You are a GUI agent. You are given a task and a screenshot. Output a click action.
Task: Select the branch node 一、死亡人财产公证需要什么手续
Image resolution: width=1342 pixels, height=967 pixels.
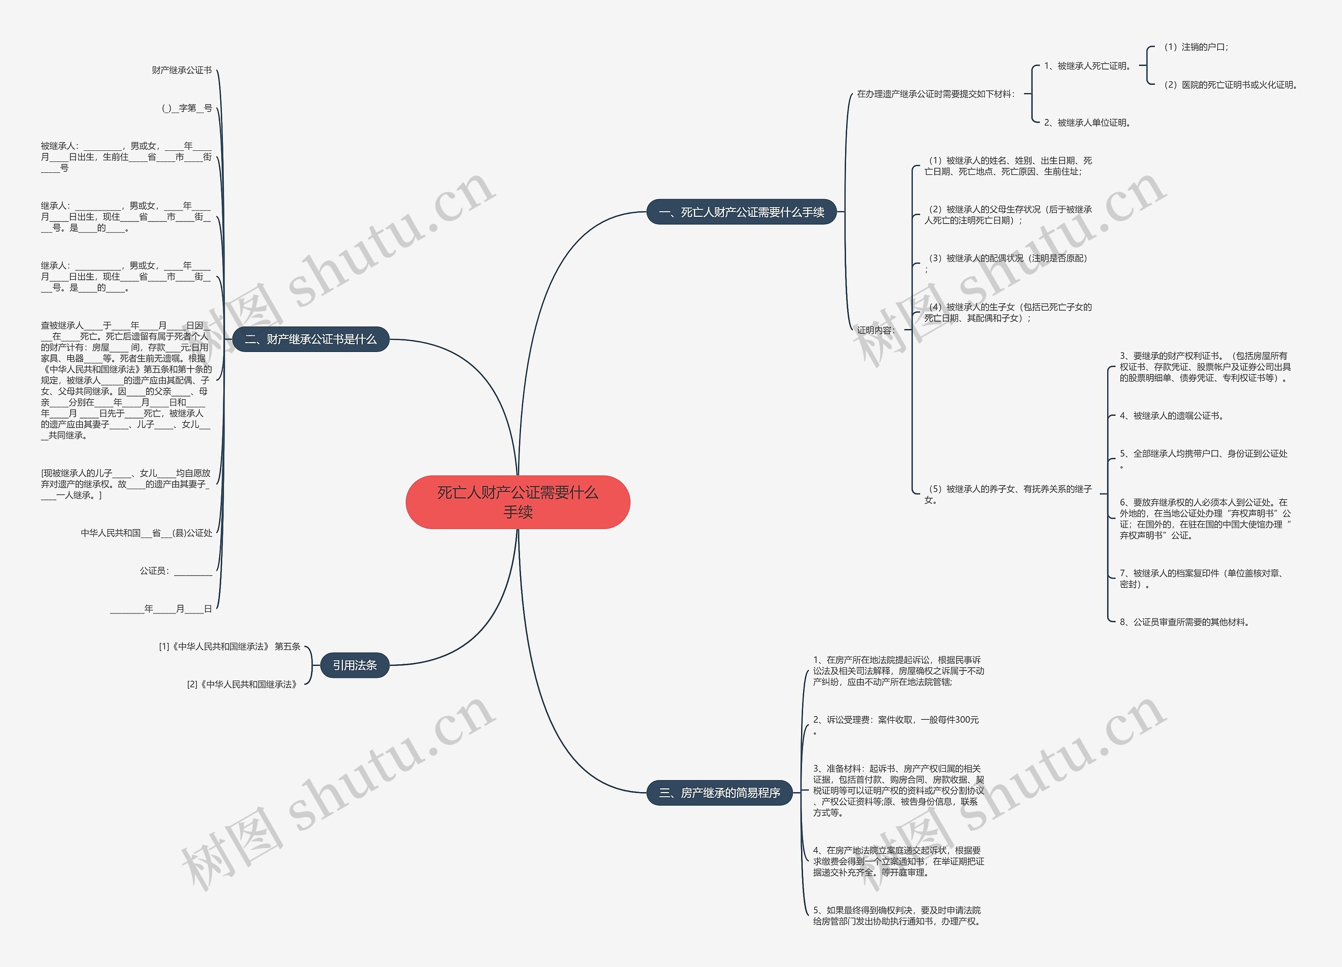(x=741, y=212)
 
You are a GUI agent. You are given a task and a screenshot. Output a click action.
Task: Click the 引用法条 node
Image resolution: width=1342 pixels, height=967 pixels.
(x=354, y=665)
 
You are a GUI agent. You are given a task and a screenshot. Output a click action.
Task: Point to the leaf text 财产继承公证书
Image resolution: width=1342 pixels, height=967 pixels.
(x=182, y=70)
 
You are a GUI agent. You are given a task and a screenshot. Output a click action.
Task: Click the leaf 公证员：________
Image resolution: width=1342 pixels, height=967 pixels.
(x=176, y=571)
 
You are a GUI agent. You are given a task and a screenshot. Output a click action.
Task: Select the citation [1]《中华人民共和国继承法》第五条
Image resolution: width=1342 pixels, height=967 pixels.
(x=230, y=646)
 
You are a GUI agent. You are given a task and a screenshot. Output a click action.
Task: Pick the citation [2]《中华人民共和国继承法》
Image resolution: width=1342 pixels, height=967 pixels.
(x=242, y=684)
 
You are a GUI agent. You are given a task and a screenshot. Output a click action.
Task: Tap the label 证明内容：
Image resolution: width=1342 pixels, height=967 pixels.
(x=876, y=330)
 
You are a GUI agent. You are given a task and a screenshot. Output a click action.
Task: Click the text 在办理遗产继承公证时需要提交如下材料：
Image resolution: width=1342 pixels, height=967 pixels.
(x=936, y=94)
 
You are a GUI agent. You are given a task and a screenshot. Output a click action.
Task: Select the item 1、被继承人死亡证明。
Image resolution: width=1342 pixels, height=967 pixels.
(x=1088, y=65)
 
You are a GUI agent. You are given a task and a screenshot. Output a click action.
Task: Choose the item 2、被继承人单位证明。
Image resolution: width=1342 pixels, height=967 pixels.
(x=1088, y=123)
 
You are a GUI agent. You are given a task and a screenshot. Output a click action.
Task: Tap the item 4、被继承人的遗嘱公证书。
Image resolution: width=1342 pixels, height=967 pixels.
(x=1172, y=416)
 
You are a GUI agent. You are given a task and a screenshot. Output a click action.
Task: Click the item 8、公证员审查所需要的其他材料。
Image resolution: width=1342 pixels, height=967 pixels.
(x=1184, y=622)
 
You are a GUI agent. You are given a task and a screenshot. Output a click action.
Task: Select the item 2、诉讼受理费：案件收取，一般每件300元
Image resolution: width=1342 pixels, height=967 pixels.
(x=896, y=720)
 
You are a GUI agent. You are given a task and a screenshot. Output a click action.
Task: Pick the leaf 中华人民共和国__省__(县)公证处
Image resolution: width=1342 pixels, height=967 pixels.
(x=146, y=533)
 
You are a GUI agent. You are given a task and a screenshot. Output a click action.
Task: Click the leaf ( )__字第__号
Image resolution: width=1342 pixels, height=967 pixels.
(x=187, y=108)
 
